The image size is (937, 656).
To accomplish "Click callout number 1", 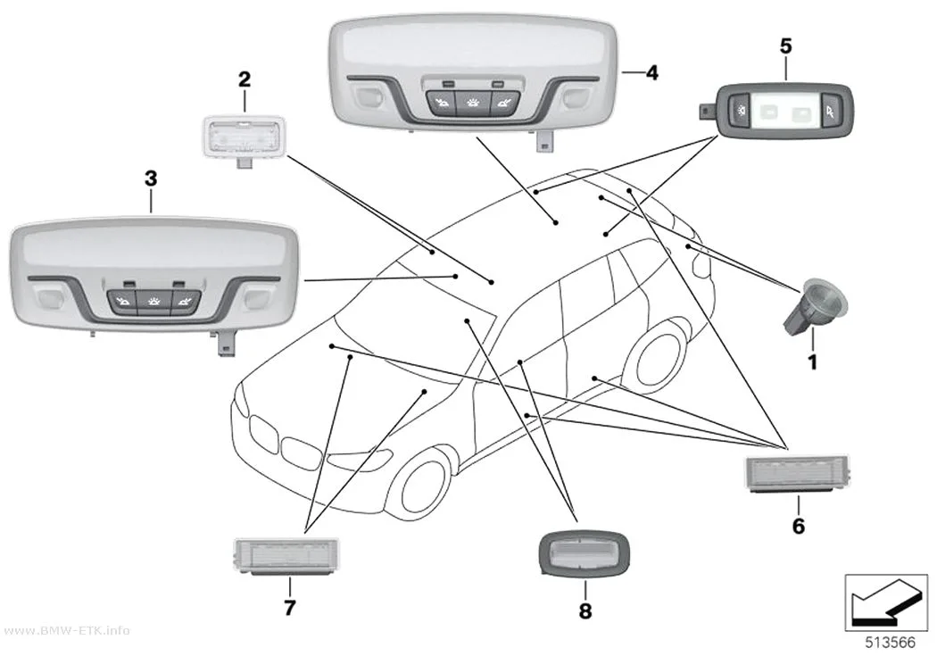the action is [x=812, y=361].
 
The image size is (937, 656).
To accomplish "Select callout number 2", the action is [x=244, y=79].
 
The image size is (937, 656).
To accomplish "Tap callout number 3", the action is [x=151, y=178].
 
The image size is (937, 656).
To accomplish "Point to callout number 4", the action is [x=652, y=73].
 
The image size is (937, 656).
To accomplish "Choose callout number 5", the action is [x=786, y=46].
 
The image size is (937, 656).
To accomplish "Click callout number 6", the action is [x=799, y=526].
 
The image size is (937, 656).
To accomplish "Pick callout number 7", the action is [x=290, y=608].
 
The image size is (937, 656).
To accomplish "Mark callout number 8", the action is [x=585, y=610].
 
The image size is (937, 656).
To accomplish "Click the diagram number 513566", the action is [x=890, y=643].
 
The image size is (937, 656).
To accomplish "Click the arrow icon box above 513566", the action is [x=886, y=602].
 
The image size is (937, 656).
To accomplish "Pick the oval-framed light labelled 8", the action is [x=585, y=553].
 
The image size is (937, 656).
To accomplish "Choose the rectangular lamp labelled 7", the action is [x=286, y=556].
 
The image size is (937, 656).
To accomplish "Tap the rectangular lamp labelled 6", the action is [x=797, y=474].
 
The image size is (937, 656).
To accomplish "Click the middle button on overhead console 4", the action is [x=473, y=104].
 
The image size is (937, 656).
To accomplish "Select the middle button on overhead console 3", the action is [x=153, y=303].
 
